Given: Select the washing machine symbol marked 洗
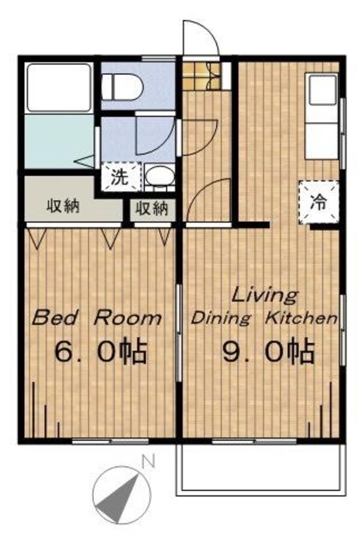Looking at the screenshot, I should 118,177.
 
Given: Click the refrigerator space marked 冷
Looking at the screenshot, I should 317,202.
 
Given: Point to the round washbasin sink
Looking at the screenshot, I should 158,177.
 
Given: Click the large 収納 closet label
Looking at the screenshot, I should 63,207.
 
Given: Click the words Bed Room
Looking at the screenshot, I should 97,317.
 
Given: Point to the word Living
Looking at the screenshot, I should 265,295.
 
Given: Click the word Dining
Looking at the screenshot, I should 220,318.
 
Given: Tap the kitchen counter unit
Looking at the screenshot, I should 322,116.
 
